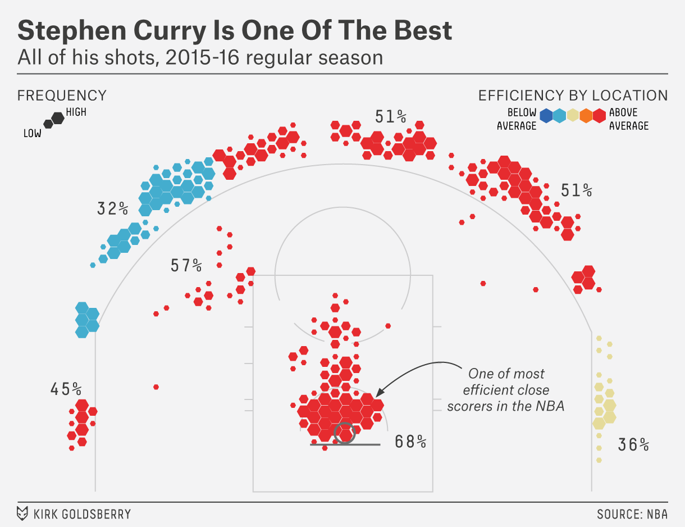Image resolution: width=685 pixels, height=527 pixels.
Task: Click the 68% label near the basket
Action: click(410, 442)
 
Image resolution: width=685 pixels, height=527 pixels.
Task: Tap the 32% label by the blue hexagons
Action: click(112, 209)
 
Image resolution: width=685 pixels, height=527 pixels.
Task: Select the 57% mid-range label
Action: click(186, 265)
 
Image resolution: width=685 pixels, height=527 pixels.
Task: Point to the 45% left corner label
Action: click(66, 389)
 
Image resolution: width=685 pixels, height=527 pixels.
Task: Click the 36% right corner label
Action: click(633, 445)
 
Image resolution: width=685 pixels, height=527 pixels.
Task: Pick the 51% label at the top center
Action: click(391, 117)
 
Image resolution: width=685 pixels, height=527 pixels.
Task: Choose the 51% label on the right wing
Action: click(577, 190)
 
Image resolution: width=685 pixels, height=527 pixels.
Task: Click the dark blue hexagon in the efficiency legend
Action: click(546, 116)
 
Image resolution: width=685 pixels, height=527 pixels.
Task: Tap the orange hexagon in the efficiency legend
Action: click(586, 116)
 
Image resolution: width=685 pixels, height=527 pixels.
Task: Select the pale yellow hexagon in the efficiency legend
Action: click(573, 116)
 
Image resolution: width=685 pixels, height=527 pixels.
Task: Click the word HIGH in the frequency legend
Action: click(76, 112)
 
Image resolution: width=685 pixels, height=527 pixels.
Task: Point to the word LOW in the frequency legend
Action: click(33, 134)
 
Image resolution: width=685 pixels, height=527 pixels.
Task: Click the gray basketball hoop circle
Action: click(344, 433)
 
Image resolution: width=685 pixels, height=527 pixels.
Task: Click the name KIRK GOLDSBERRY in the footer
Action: click(82, 514)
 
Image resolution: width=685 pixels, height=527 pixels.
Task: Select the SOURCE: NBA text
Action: click(632, 514)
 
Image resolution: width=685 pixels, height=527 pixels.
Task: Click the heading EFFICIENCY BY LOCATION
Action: click(573, 96)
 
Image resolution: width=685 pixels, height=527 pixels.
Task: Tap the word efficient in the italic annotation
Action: click(487, 390)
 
